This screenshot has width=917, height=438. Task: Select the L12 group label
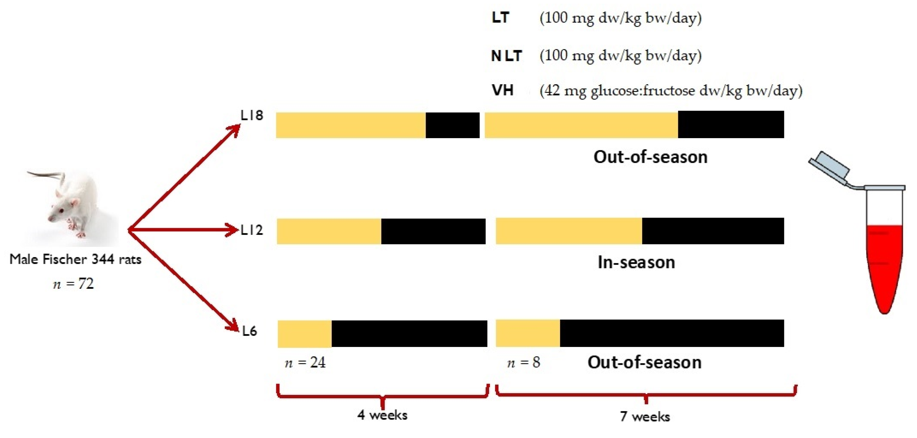click(x=252, y=230)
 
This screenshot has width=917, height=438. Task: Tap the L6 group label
click(x=250, y=331)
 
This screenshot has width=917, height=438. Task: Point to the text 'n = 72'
click(x=73, y=284)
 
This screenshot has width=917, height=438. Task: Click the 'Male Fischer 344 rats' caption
click(x=75, y=259)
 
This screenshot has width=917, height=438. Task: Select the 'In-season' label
click(x=636, y=262)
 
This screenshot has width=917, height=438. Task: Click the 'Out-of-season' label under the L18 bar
click(x=650, y=157)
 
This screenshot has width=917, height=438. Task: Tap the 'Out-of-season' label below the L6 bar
click(x=644, y=363)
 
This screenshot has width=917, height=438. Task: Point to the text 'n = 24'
click(x=305, y=363)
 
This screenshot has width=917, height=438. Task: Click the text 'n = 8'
click(x=523, y=363)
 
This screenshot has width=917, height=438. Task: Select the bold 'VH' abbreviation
click(x=502, y=90)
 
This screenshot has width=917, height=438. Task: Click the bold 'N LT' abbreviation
click(x=506, y=56)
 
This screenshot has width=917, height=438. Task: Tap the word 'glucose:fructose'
click(x=643, y=91)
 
